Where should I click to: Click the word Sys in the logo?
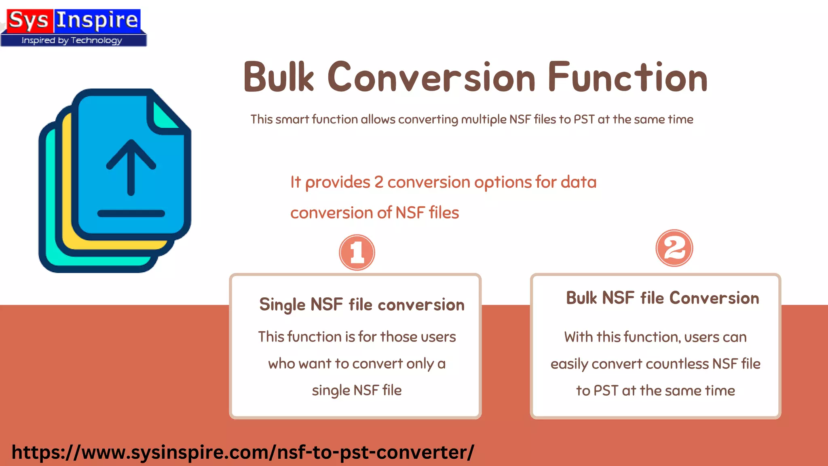(28, 20)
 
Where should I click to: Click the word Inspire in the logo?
(97, 20)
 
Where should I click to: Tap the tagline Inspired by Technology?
(72, 40)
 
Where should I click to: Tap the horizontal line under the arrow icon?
(131, 214)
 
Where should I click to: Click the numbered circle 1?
(357, 252)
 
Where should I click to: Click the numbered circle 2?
(674, 248)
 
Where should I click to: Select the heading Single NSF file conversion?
(362, 305)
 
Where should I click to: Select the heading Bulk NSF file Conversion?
(662, 298)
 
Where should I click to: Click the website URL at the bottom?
(243, 452)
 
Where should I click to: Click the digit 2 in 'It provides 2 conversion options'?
(378, 182)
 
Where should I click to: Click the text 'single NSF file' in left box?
(357, 390)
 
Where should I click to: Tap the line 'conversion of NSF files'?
(374, 213)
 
